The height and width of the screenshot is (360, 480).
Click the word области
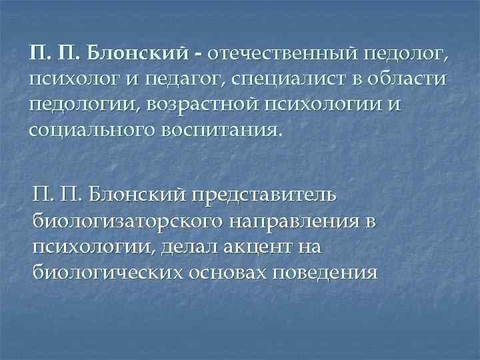coord(406,81)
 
